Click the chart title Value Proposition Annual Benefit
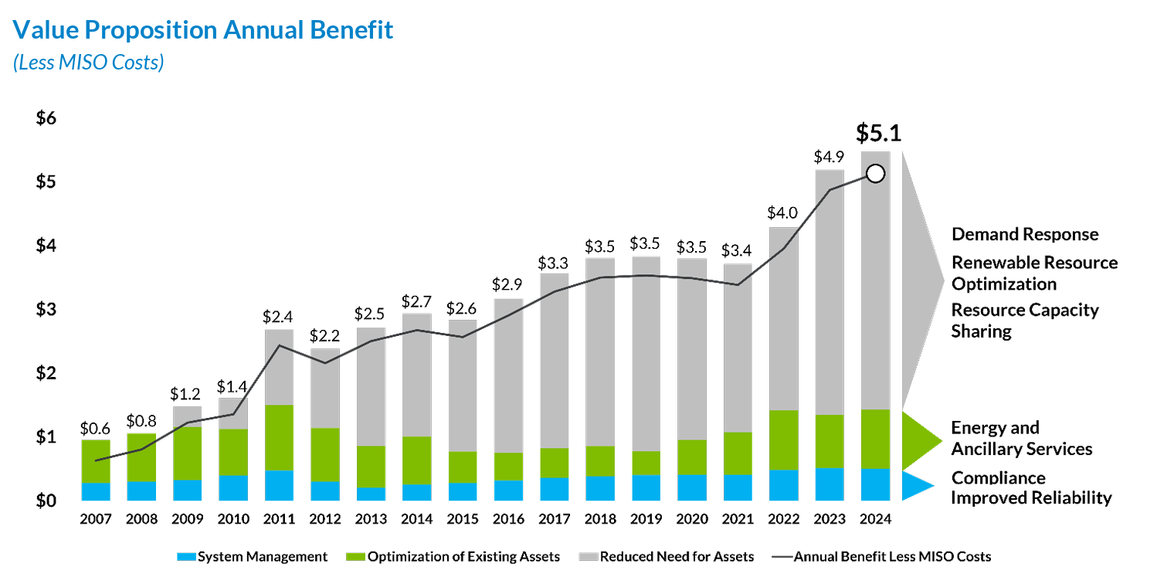[x=204, y=30]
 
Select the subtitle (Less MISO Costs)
[x=88, y=63]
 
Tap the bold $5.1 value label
[x=878, y=133]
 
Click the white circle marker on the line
[x=875, y=174]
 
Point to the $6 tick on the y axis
[x=46, y=118]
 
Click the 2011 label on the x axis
[x=279, y=519]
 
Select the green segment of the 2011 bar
[x=279, y=437]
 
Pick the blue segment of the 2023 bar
[x=829, y=484]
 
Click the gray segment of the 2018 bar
[x=599, y=351]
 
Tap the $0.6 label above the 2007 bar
[x=95, y=427]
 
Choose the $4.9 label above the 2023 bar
[x=829, y=157]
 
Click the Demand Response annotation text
[x=1024, y=234]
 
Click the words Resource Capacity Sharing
[x=1024, y=321]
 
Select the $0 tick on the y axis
[x=46, y=501]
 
